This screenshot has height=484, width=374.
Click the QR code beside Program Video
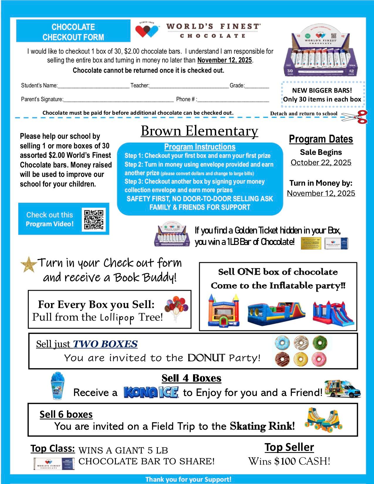(x=94, y=219)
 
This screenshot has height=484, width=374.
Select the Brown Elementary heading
(x=199, y=131)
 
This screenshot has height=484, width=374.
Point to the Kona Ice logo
(x=151, y=392)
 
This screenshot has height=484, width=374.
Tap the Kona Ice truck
(x=343, y=389)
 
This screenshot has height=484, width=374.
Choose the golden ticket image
(x=311, y=243)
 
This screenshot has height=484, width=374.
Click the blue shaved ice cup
(x=58, y=386)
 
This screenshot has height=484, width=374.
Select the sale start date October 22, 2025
(x=321, y=163)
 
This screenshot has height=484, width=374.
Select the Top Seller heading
(x=289, y=447)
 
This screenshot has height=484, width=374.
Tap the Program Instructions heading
(x=200, y=147)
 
